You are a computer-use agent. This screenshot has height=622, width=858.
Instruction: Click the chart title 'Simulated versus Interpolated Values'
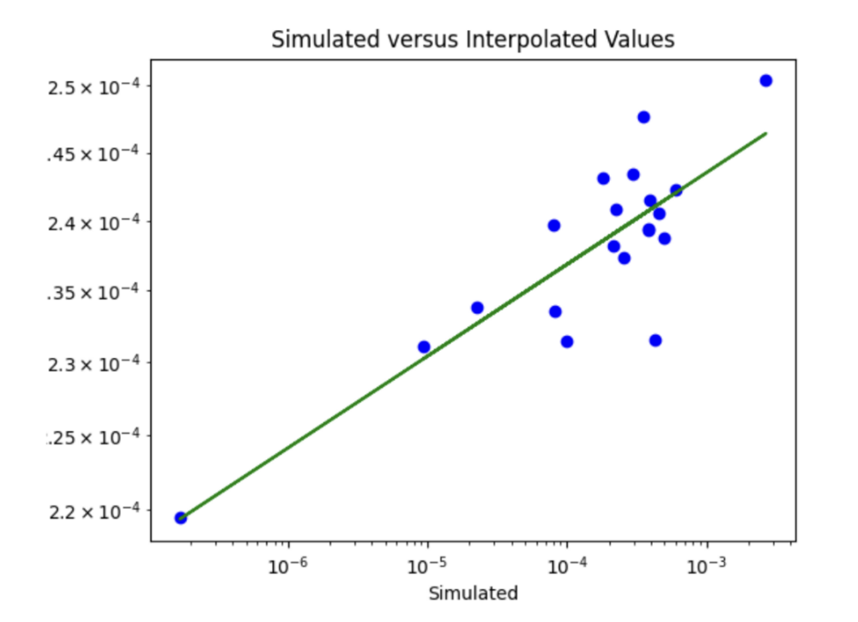click(473, 39)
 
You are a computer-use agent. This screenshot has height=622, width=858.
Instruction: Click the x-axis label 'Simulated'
click(473, 593)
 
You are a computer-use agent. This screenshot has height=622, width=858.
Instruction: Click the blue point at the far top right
click(766, 81)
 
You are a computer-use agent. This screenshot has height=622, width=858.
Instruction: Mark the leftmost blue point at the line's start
click(181, 517)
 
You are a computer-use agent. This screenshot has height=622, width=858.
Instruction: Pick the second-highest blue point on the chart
click(643, 118)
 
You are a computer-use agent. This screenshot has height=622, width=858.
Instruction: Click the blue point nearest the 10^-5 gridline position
click(424, 347)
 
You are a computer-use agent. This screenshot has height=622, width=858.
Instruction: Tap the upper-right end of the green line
click(765, 133)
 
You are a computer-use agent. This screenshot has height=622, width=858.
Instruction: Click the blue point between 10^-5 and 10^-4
click(477, 308)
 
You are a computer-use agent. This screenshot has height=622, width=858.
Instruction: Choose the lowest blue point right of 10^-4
click(656, 341)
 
